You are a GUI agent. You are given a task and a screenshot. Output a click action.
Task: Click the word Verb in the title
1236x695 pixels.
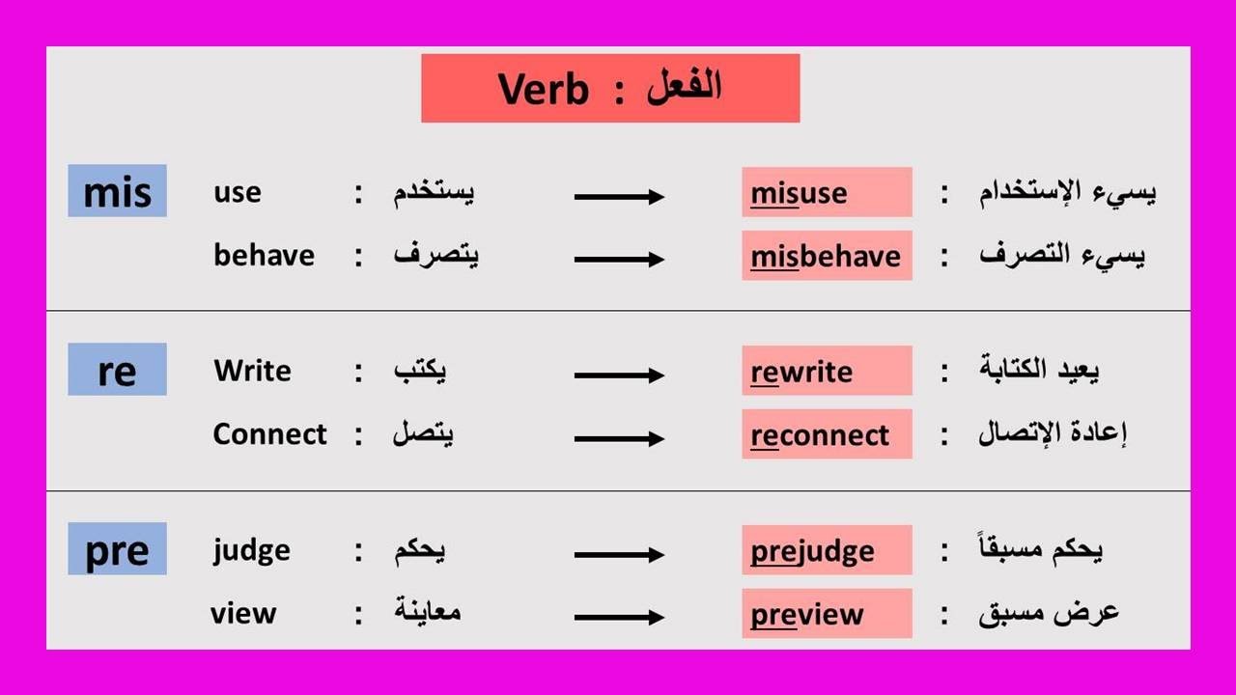pos(543,90)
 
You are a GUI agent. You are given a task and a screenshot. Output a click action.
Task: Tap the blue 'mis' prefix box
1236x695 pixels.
pos(117,191)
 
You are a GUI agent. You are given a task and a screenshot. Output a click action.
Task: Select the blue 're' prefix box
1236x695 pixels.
pos(117,370)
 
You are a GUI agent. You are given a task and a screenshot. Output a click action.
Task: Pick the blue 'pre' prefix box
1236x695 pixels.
pos(117,549)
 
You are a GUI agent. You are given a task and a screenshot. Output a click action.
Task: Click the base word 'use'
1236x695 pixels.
pos(238,192)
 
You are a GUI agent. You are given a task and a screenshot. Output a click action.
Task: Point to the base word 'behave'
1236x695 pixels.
pos(264,256)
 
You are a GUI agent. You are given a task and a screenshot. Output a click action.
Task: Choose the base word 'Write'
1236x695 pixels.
pos(252,371)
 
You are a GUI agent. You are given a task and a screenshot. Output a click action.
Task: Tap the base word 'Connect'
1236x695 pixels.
pos(269,434)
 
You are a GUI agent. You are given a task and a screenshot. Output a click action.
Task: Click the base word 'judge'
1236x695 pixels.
pos(251,550)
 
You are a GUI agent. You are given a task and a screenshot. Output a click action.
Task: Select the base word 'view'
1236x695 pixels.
pos(243,613)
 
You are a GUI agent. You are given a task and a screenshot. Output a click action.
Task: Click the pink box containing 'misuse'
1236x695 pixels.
pos(827,192)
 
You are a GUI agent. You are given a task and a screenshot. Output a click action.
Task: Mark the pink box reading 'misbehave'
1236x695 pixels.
pos(827,256)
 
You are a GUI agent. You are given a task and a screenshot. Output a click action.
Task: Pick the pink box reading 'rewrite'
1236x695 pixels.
pos(827,371)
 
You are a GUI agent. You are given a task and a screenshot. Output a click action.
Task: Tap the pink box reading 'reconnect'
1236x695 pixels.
pos(827,434)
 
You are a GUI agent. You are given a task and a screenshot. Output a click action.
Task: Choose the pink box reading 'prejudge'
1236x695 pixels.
pos(827,550)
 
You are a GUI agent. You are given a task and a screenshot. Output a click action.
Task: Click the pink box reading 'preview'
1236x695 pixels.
pos(827,613)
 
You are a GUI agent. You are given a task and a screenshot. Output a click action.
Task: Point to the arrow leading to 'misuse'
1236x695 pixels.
pos(619,197)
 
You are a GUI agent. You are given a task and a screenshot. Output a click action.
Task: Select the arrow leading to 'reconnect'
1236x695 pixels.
pos(619,438)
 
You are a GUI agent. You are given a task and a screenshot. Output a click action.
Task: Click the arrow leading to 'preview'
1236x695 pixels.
pos(619,617)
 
